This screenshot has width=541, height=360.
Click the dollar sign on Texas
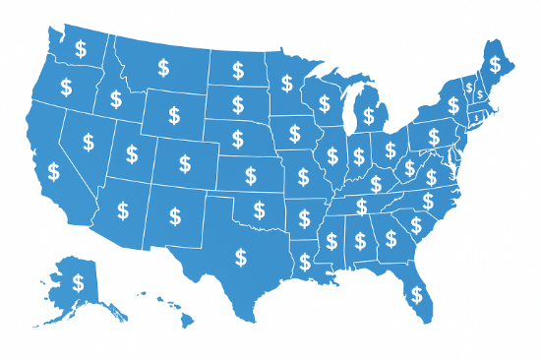240,258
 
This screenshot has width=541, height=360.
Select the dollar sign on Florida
418,293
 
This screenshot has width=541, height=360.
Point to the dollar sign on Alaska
78,283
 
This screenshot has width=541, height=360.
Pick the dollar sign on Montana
163,67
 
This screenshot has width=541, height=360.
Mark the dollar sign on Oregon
66,87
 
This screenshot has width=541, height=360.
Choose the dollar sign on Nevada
88,142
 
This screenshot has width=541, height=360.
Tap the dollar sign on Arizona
123,210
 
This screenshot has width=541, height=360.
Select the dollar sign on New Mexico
176,213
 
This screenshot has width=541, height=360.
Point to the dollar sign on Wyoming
174,115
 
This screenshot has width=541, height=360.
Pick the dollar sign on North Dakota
239,70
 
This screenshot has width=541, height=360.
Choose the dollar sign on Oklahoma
260,209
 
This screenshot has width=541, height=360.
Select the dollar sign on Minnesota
286,83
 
